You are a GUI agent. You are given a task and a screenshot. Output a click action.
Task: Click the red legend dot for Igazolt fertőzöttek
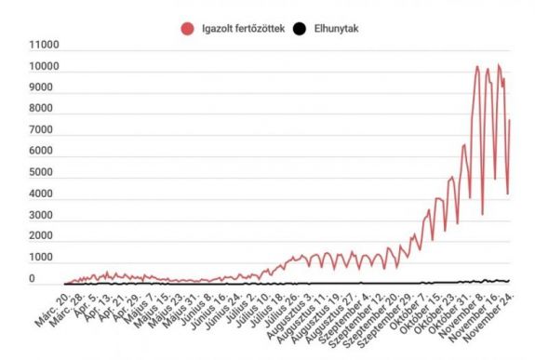coord(186,29)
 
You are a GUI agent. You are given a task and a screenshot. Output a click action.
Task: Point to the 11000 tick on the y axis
coord(44,47)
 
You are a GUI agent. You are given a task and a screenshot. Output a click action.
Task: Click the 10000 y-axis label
coord(44,68)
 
